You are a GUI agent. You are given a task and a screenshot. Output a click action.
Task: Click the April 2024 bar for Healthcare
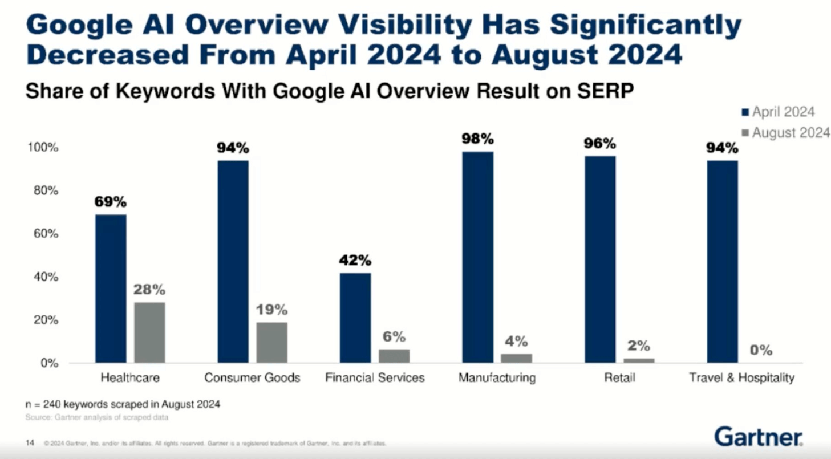(x=111, y=289)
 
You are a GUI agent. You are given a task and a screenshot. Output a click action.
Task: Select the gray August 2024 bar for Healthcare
(x=149, y=332)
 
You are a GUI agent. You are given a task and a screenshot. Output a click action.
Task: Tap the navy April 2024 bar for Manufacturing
(x=477, y=257)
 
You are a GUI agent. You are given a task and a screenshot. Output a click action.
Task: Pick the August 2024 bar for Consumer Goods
(x=271, y=343)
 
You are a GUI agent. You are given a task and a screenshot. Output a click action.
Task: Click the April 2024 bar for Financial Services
(x=355, y=318)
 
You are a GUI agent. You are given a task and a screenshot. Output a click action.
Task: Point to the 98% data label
(x=477, y=139)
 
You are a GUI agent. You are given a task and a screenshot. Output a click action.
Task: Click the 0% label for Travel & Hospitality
(x=761, y=350)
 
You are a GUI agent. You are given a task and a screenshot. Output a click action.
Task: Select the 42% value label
(x=355, y=260)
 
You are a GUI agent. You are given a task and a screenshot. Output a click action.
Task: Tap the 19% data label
(x=271, y=310)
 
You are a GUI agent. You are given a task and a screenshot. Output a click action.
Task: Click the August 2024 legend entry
(x=787, y=133)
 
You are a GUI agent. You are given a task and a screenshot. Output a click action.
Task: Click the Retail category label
(x=619, y=377)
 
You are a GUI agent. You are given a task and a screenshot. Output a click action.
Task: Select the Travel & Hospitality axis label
(x=741, y=377)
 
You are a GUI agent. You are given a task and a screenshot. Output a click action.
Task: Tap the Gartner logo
(x=759, y=437)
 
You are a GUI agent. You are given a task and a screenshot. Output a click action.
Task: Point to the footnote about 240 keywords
(x=123, y=404)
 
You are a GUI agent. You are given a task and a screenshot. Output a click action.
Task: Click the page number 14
(x=31, y=442)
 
